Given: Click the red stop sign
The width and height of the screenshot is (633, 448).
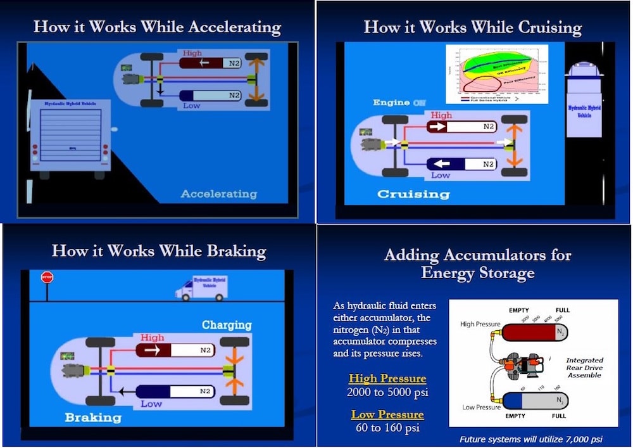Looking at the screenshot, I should pos(46,277).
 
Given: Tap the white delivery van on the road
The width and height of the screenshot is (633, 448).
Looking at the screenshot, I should pos(201,288).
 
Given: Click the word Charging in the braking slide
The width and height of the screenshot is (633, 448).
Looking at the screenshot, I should pos(227,325).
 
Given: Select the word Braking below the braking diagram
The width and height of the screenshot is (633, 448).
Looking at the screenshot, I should pos(92,418).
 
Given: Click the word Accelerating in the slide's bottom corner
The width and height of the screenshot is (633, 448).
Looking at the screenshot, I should pos(219,193).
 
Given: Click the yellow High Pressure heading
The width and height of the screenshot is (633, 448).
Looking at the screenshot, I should pos(387,379).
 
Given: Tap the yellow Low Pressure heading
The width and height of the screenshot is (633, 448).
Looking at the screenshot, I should pos(387,415).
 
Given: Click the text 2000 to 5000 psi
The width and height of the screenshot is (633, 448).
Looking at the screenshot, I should pos(387,392).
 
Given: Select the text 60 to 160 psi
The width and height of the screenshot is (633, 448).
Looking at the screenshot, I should pos(387,428).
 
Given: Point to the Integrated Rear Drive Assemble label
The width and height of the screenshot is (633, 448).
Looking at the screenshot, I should pos(584,368).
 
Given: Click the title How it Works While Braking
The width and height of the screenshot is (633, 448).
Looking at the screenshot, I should pos(159,250).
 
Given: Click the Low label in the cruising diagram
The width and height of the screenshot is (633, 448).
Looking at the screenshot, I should pos(441,175).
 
